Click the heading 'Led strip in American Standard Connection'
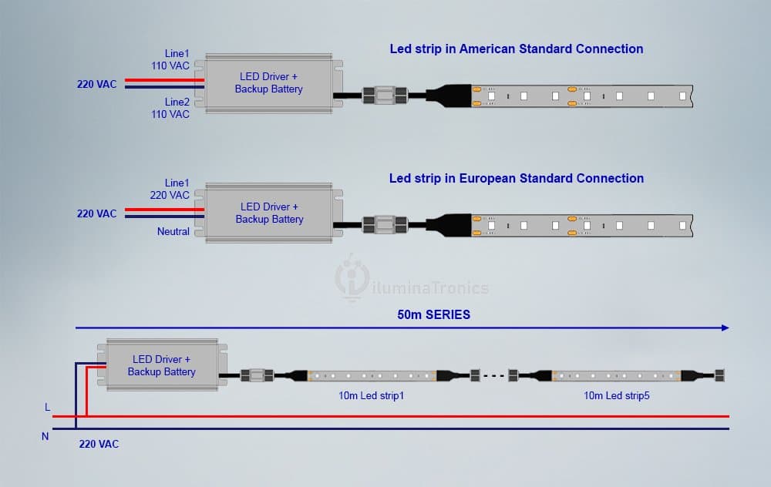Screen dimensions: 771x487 pos(517,49)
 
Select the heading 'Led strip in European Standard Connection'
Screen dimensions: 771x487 pos(517,178)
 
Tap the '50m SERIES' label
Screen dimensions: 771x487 pos(433,314)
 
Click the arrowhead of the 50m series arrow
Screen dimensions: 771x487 pos(726,327)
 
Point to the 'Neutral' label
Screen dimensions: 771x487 pos(173,231)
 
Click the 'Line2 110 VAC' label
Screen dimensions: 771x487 pos(170,108)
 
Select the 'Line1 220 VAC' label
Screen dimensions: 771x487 pos(170,190)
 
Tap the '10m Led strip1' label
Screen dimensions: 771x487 pos(372,395)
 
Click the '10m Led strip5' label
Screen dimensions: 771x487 pos(617,395)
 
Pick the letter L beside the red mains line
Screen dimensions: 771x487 pos(47,408)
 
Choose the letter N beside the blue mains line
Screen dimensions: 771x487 pos(45,436)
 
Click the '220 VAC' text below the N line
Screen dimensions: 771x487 pos(99,445)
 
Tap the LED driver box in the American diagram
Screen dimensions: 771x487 pos(268,83)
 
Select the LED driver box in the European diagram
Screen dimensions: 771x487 pos(268,213)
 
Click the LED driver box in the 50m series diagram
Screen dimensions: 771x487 pos(162,365)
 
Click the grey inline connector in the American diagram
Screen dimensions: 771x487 pos(385,96)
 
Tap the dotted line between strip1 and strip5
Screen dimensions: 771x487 pos(494,376)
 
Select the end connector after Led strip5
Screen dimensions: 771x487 pos(719,376)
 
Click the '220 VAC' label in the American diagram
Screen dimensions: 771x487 pos(97,84)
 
